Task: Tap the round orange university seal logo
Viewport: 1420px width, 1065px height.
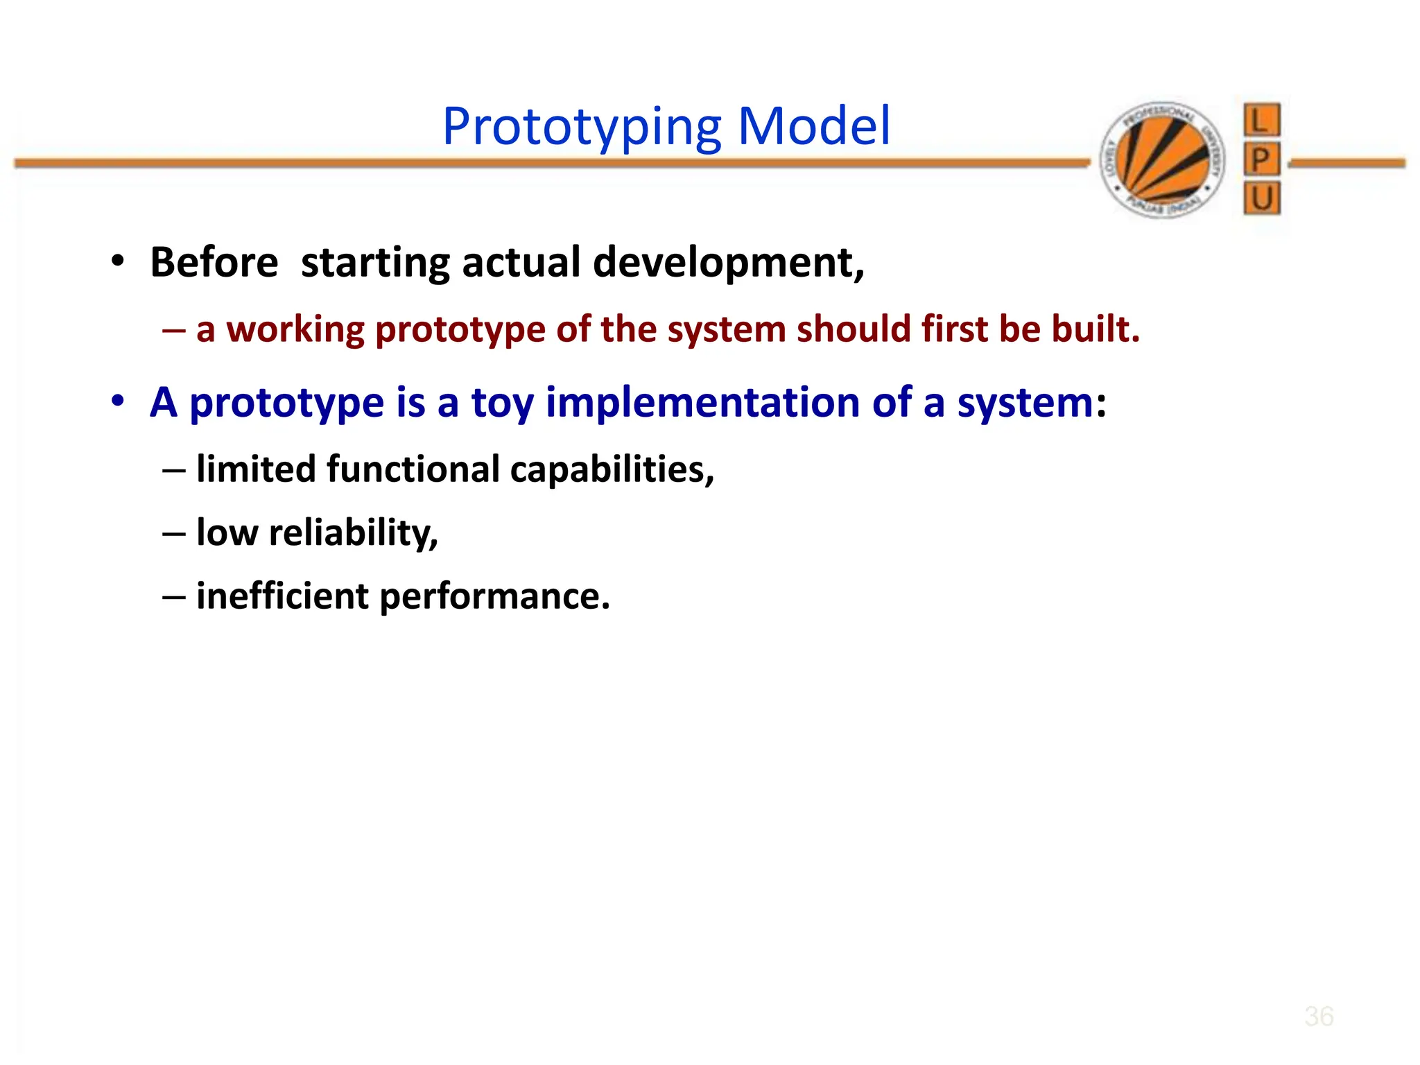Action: pyautogui.click(x=1163, y=160)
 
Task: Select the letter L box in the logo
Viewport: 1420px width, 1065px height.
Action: pyautogui.click(x=1261, y=121)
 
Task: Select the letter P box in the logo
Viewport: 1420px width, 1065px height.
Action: pyautogui.click(x=1261, y=160)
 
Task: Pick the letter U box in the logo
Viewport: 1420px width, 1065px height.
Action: pyautogui.click(x=1261, y=199)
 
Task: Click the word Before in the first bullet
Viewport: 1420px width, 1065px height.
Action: pyautogui.click(x=214, y=263)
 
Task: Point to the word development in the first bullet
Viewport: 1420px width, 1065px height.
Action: pyautogui.click(x=728, y=263)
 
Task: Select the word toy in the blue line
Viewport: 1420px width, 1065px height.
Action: pyautogui.click(x=502, y=403)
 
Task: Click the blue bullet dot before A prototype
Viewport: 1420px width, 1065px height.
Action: pyautogui.click(x=118, y=401)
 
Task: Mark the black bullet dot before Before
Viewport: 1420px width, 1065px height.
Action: pyautogui.click(x=118, y=261)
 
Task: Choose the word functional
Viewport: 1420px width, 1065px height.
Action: pyautogui.click(x=413, y=469)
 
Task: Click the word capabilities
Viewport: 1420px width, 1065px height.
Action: pyautogui.click(x=612, y=469)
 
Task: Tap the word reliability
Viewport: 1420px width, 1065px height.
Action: pyautogui.click(x=353, y=533)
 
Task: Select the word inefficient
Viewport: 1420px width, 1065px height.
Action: pyautogui.click(x=282, y=596)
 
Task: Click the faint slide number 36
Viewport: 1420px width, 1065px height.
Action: pyautogui.click(x=1318, y=1016)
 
